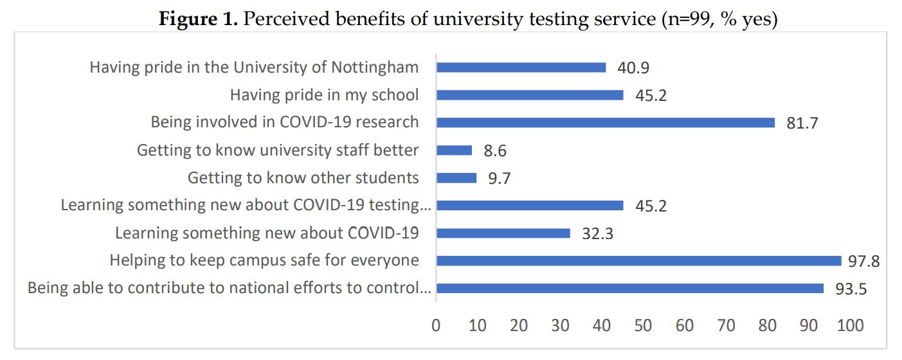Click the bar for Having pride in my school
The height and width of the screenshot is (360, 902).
pyautogui.click(x=530, y=95)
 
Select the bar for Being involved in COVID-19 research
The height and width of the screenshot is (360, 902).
pyautogui.click(x=605, y=123)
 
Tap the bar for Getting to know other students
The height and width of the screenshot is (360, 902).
pyautogui.click(x=456, y=178)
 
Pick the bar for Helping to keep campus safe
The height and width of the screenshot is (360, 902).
pyautogui.click(x=638, y=261)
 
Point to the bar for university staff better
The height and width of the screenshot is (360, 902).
pyautogui.click(x=454, y=150)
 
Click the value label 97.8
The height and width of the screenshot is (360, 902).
pyautogui.click(x=863, y=262)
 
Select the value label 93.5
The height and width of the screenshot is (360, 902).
pyautogui.click(x=851, y=289)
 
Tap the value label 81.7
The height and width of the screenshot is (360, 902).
pyautogui.click(x=802, y=123)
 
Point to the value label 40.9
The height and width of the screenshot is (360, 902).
pyautogui.click(x=633, y=68)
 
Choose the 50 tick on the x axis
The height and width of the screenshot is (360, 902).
pyautogui.click(x=643, y=325)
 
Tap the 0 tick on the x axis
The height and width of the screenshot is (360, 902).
pyautogui.click(x=436, y=325)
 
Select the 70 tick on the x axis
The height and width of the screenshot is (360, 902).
pyautogui.click(x=726, y=325)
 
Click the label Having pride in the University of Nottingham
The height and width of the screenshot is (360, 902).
pyautogui.click(x=254, y=67)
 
